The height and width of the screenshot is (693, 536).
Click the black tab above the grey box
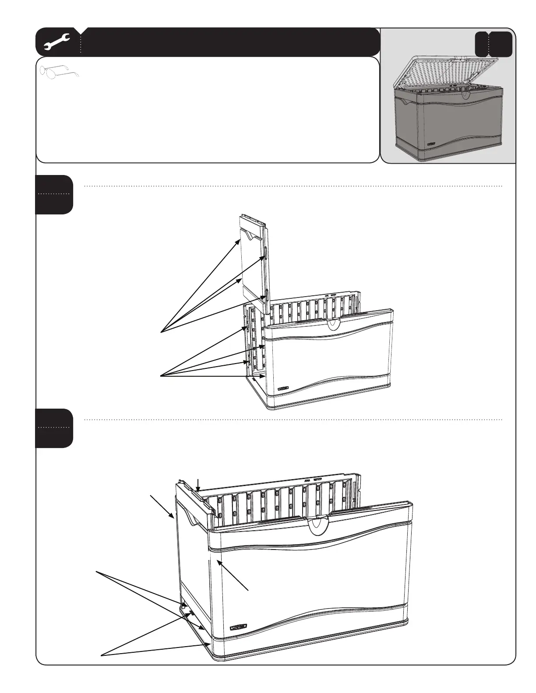click(x=494, y=44)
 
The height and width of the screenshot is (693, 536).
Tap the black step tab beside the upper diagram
click(x=54, y=194)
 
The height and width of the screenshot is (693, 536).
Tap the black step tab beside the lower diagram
click(x=54, y=428)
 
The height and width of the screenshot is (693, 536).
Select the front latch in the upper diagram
click(x=332, y=323)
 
